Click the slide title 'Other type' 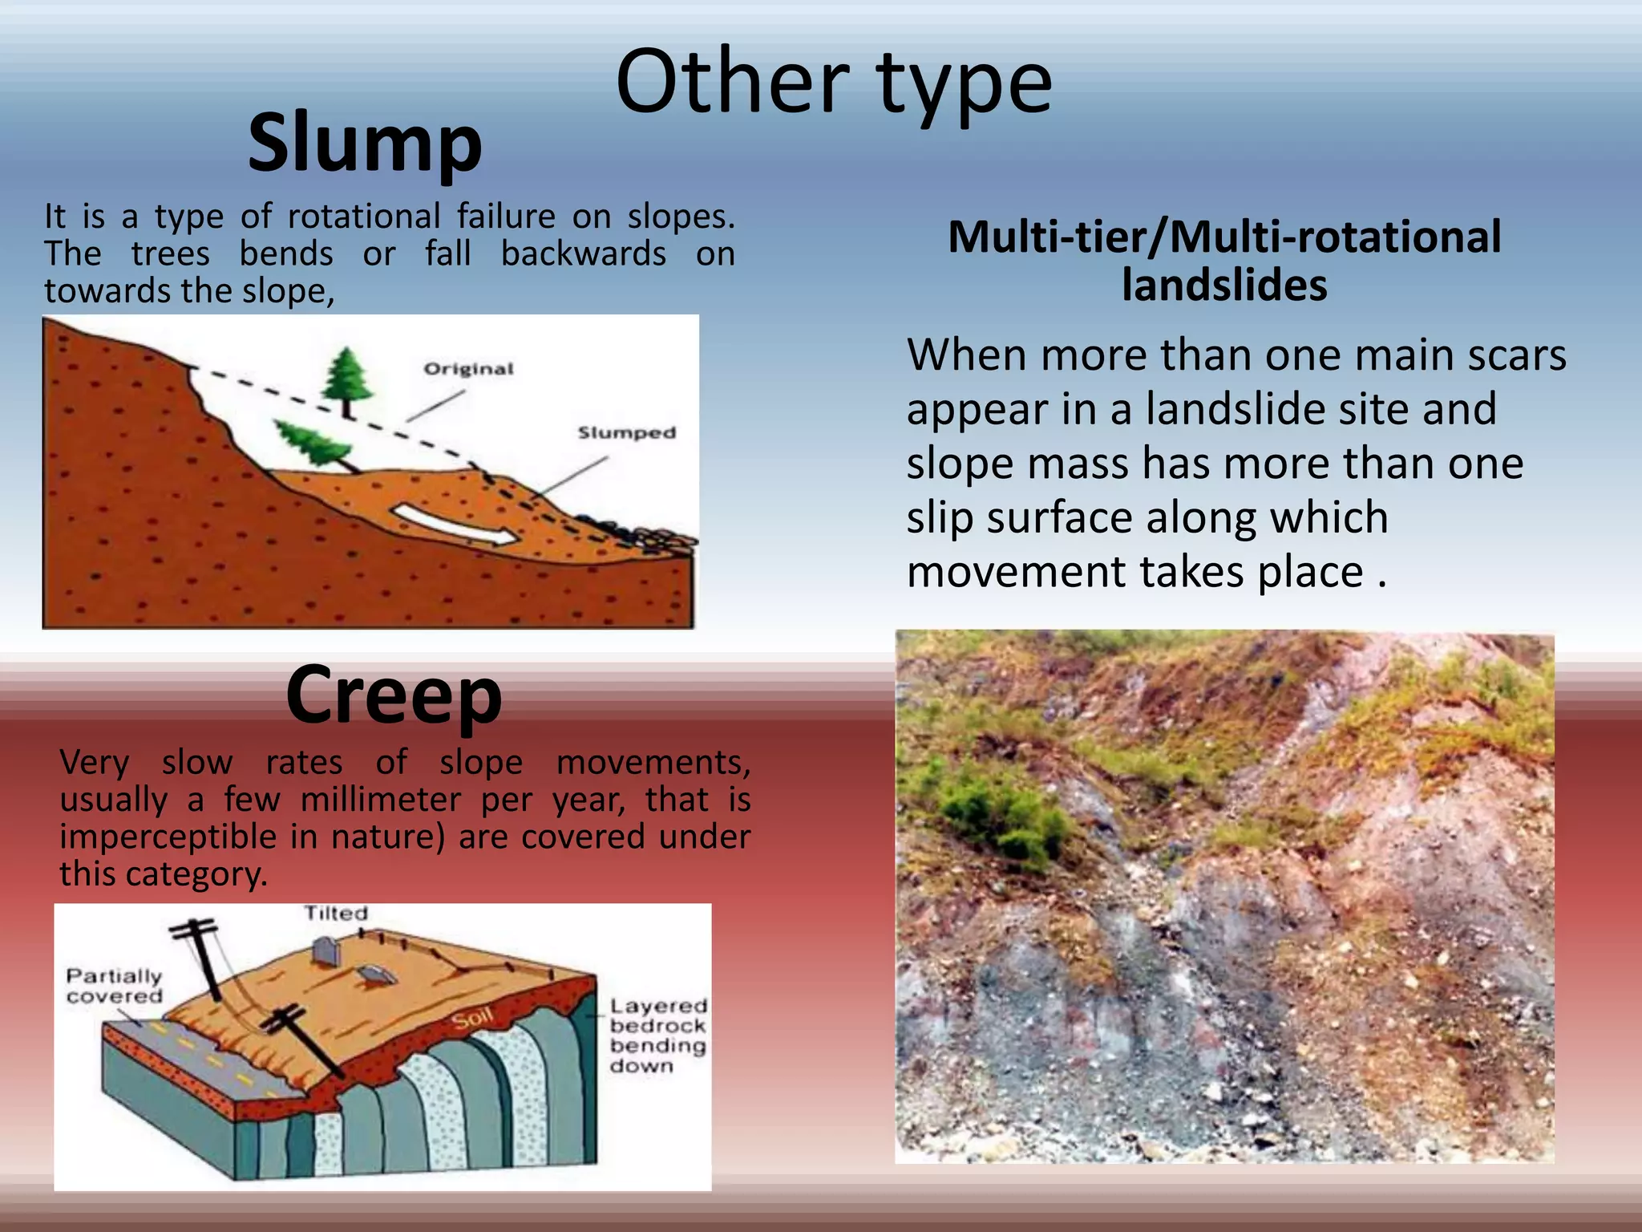click(834, 83)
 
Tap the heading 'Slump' click(365, 143)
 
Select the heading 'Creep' click(394, 695)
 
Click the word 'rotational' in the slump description click(364, 217)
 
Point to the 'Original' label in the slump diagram click(468, 369)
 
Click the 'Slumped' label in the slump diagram click(627, 433)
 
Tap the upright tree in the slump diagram click(346, 379)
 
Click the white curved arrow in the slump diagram click(454, 525)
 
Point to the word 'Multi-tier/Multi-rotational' click(1223, 237)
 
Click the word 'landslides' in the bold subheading click(1223, 286)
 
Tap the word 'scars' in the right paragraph click(1516, 355)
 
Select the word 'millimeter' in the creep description click(381, 800)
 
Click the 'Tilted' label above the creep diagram click(336, 913)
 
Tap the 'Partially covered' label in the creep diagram click(114, 986)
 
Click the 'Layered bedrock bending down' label click(657, 1035)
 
